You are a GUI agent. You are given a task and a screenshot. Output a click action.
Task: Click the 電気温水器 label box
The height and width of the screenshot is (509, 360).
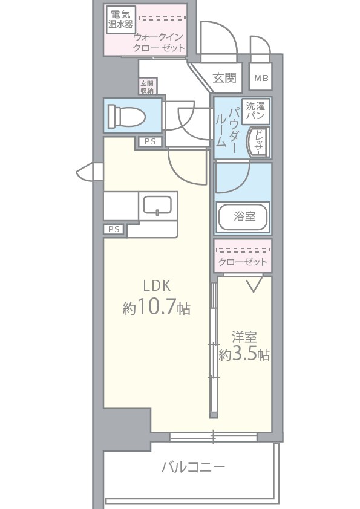point(121,19)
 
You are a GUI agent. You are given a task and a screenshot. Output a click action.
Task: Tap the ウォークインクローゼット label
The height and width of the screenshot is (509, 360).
point(159,42)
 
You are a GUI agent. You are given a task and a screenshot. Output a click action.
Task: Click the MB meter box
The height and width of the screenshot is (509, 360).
point(260,77)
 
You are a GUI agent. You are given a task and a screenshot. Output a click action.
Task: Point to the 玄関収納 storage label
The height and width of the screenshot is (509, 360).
point(147,86)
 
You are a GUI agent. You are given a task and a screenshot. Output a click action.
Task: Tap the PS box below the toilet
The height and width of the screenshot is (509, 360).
point(149,142)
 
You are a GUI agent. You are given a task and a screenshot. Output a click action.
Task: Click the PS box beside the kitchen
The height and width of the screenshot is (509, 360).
point(114,229)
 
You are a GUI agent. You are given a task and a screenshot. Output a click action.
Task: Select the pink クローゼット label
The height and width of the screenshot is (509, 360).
point(243,261)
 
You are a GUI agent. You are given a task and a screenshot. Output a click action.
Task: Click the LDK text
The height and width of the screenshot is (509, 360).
point(157,285)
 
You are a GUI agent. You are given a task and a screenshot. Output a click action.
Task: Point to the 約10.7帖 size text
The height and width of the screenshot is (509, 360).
point(157,308)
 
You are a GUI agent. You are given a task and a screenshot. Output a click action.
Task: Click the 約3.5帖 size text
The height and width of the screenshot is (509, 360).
point(244,355)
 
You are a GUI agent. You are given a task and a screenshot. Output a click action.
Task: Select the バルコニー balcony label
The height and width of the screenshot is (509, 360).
point(193,467)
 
